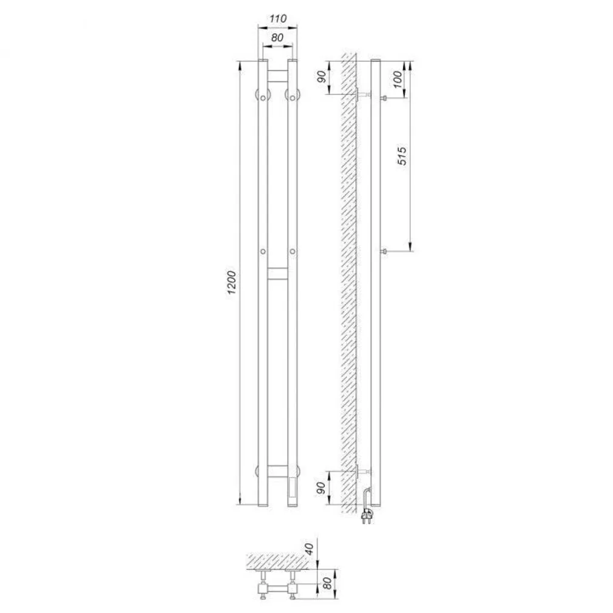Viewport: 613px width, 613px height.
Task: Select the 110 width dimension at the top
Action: (x=277, y=19)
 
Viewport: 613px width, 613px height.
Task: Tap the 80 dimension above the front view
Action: (x=277, y=37)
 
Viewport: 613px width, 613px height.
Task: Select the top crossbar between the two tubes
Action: (x=277, y=76)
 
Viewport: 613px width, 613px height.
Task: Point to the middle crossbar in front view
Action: (x=277, y=273)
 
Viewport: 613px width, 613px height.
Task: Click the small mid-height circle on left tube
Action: (x=263, y=251)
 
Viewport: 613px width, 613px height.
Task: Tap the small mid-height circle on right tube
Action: (x=293, y=251)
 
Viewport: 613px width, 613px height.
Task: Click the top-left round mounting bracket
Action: (x=262, y=96)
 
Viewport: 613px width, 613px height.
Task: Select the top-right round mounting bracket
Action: (x=293, y=96)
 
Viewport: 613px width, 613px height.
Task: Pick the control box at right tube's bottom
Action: (x=293, y=490)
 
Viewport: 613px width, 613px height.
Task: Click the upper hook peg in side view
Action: (x=384, y=98)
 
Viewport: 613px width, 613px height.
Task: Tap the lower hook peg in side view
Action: (x=384, y=251)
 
